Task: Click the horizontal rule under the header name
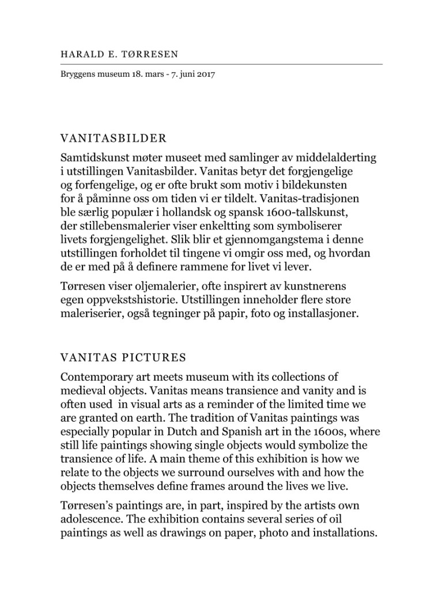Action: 221,64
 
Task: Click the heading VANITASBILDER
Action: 114,139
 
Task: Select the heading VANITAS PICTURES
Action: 123,358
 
